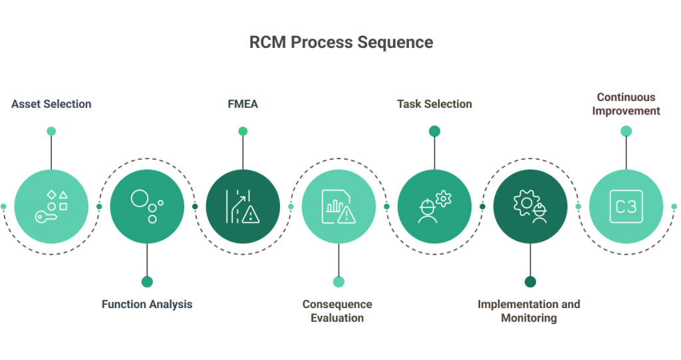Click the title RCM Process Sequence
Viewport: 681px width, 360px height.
[x=340, y=43]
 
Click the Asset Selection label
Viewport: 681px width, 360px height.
[x=51, y=104]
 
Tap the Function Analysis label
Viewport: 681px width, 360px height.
[x=147, y=304]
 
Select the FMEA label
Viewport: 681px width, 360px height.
[x=243, y=104]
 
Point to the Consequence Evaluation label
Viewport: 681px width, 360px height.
[x=338, y=311]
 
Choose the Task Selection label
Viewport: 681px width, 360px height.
[x=434, y=104]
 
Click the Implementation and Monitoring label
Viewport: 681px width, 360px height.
[x=529, y=311]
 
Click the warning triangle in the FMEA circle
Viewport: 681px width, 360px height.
[x=250, y=214]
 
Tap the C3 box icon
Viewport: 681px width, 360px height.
[x=626, y=206]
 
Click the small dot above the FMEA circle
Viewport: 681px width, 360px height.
[x=243, y=131]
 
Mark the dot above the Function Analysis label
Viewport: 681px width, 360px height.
[x=147, y=281]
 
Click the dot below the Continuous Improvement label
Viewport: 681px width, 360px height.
[x=626, y=131]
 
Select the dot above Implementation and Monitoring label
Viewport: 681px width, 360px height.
[x=530, y=281]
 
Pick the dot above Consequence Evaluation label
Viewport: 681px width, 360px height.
[x=339, y=281]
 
